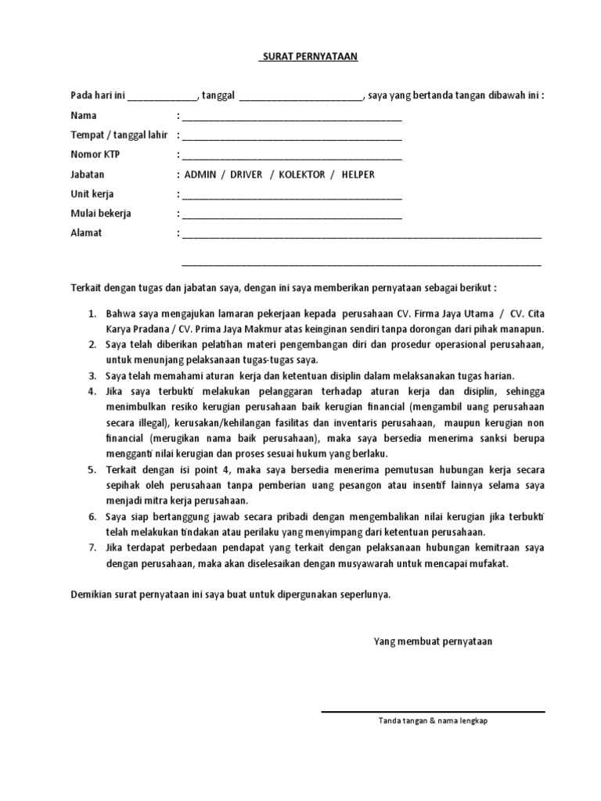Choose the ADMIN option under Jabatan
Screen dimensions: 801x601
(x=200, y=174)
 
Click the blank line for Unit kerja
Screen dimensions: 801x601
(x=291, y=196)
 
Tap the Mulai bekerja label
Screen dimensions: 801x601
(x=101, y=213)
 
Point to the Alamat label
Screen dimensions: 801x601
(x=86, y=232)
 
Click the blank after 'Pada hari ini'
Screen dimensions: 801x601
(x=162, y=98)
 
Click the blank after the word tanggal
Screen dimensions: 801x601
(x=300, y=98)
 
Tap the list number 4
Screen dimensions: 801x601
(x=92, y=390)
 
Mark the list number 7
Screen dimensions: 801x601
(x=92, y=548)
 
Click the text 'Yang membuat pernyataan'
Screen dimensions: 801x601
(x=433, y=641)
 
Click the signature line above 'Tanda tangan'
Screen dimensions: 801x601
(x=433, y=712)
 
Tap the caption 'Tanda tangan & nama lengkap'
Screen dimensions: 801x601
(x=433, y=721)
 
